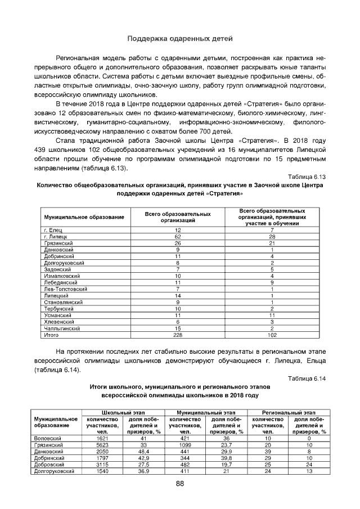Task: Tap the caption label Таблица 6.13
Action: pos(307,177)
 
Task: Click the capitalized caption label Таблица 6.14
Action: pos(307,378)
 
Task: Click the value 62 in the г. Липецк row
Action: pos(178,236)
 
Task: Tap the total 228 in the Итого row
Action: pos(178,335)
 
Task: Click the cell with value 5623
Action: pos(102,444)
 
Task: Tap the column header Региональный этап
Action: pos(289,413)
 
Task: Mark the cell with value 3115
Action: pos(102,464)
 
